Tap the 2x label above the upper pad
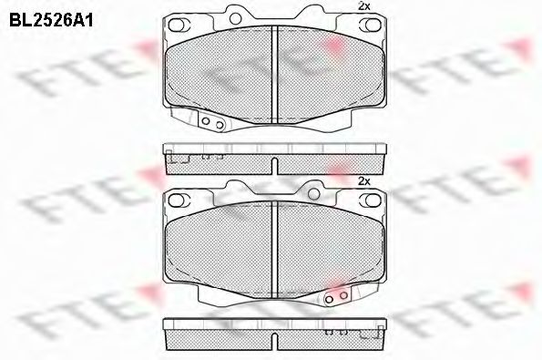pyautogui.click(x=364, y=6)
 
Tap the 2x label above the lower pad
pyautogui.click(x=364, y=181)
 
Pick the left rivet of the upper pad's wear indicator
pyautogui.click(x=206, y=124)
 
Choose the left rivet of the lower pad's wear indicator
pyautogui.click(x=332, y=297)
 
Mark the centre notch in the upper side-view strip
pyautogui.click(x=275, y=164)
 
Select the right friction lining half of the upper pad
pyautogui.click(x=329, y=73)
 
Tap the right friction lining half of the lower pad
pyautogui.click(x=329, y=248)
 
